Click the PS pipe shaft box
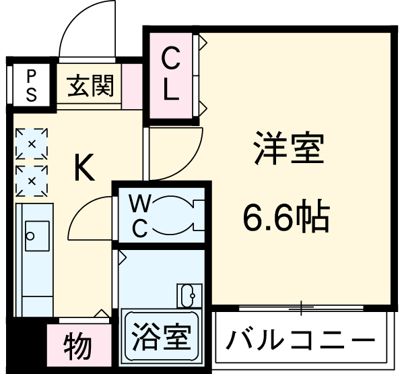click(31, 85)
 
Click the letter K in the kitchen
click(83, 168)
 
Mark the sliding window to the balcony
click(301, 307)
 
